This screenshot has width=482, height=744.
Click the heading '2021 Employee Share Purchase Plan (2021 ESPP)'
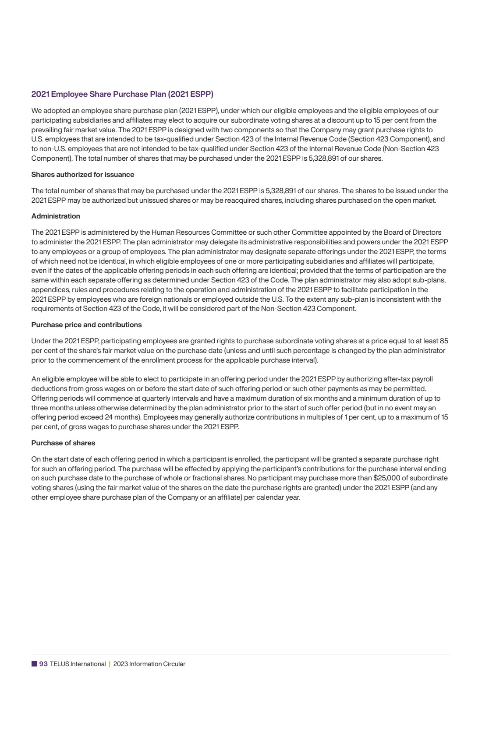pyautogui.click(x=122, y=94)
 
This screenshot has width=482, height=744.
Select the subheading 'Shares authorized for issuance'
pyautogui.click(x=83, y=175)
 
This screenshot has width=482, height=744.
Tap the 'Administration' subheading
pyautogui.click(x=56, y=216)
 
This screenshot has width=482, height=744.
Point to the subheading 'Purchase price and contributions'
pyautogui.click(x=86, y=325)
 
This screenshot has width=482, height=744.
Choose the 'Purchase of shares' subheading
pyautogui.click(x=63, y=443)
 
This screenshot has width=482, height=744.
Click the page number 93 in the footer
pyautogui.click(x=43, y=664)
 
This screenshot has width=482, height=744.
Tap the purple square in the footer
pyautogui.click(x=34, y=664)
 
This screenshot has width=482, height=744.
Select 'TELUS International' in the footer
pyautogui.click(x=78, y=664)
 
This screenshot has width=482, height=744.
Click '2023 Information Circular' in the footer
pyautogui.click(x=149, y=664)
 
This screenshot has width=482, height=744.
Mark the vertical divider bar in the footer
pyautogui.click(x=110, y=664)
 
